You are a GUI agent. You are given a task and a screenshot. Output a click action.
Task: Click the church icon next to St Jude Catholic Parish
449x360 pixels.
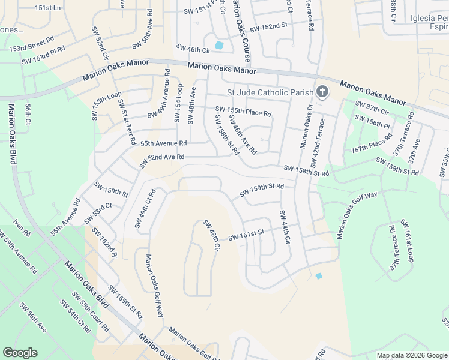click(322, 92)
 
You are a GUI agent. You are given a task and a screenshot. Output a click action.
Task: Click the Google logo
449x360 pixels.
click(20, 353)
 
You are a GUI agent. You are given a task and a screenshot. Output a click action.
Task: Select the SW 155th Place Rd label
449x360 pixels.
click(243, 111)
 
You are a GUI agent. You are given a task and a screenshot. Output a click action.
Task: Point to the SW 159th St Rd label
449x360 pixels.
click(261, 190)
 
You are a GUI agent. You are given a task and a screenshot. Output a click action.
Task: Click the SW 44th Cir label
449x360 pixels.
click(285, 226)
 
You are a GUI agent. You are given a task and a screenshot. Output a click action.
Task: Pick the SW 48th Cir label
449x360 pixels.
click(212, 236)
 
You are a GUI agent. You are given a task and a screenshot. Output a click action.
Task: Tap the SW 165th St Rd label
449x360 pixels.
click(125, 302)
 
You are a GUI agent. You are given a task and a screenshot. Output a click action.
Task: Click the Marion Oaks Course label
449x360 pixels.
click(241, 31)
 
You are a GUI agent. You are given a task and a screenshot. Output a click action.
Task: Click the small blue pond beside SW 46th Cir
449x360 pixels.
click(219, 45)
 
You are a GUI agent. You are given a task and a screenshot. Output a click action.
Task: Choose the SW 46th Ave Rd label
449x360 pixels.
click(242, 135)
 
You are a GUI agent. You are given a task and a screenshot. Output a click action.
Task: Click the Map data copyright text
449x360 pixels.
click(411, 355)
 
